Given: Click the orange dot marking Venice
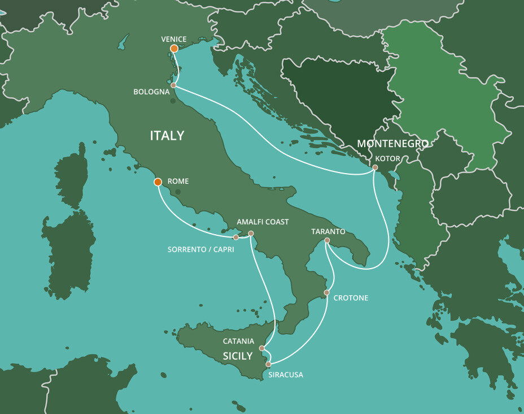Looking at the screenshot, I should (174, 49).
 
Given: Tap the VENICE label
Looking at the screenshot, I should (173, 39).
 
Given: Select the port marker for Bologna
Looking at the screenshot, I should (173, 85).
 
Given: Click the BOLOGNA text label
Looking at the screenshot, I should (151, 92).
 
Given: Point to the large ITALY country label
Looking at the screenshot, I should (167, 136).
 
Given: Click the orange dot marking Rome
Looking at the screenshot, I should (158, 182).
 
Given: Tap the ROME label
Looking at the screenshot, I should (178, 182).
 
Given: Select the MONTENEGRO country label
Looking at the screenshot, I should (392, 144).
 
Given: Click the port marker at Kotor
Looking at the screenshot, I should (375, 167).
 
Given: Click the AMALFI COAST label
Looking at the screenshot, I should (263, 222).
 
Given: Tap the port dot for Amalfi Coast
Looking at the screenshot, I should (251, 234).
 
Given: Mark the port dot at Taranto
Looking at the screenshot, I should (327, 241).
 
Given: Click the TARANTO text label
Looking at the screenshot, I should (328, 232).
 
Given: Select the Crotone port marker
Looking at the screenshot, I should (327, 292).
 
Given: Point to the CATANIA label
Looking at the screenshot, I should (238, 341).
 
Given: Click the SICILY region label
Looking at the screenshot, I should (237, 356).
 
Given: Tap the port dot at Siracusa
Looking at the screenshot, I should (269, 364).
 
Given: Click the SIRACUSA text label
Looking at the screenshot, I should (285, 374).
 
